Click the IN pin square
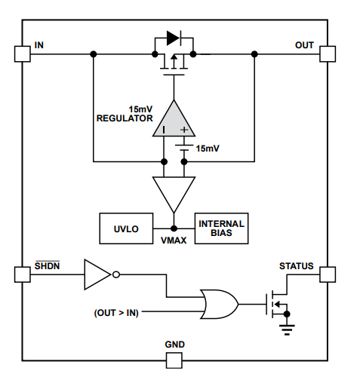pos(22,54)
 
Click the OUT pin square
pos(327,54)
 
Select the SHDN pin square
pos(22,274)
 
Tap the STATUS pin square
pos(327,274)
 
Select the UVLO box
pos(126,228)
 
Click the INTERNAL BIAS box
pos(221,228)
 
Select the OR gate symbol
pos(220,305)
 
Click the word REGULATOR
pos(125,118)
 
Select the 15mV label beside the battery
pos(208,149)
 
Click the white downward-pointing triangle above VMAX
pos(174,193)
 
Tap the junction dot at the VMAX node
pos(174,228)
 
